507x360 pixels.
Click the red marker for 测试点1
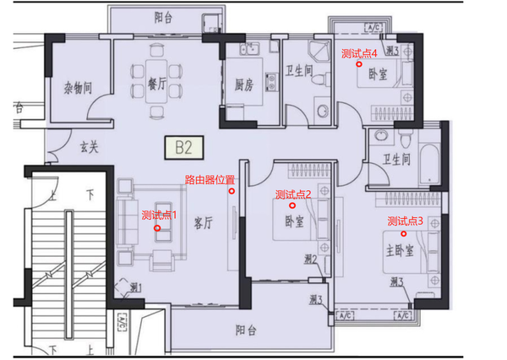coord(157,228)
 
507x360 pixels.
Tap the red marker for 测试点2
coord(293,205)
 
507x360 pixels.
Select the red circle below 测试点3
coord(404,232)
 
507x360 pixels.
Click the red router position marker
coord(232,191)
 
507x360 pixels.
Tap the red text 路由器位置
coord(210,179)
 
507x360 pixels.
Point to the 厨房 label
coord(245,83)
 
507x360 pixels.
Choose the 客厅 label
coord(203,224)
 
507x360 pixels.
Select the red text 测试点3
coord(405,221)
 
